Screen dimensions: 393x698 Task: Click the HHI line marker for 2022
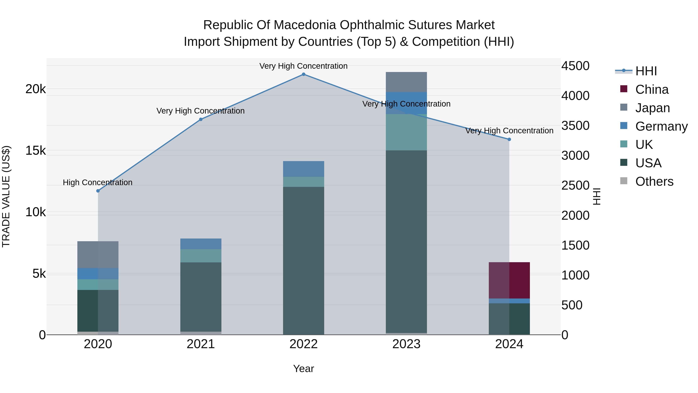pos(303,74)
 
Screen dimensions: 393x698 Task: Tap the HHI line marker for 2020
pos(98,191)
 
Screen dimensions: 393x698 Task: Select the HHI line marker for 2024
pos(509,139)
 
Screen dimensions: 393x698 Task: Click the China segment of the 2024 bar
pos(509,280)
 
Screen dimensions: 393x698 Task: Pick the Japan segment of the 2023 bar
pos(406,82)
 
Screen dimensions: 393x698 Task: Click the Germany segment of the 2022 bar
pos(303,169)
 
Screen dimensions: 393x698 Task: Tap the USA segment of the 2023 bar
pos(406,241)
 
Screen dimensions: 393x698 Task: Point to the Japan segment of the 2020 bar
pos(98,254)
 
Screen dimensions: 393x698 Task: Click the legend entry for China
pos(651,89)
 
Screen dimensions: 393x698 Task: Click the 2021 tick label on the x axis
pos(201,344)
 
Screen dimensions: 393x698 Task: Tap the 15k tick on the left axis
pos(35,151)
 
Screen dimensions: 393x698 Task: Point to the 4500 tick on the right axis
pos(575,66)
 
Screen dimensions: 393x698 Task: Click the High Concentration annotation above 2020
pos(98,183)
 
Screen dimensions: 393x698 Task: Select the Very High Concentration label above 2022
pos(303,66)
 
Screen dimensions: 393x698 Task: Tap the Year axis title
pos(303,369)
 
